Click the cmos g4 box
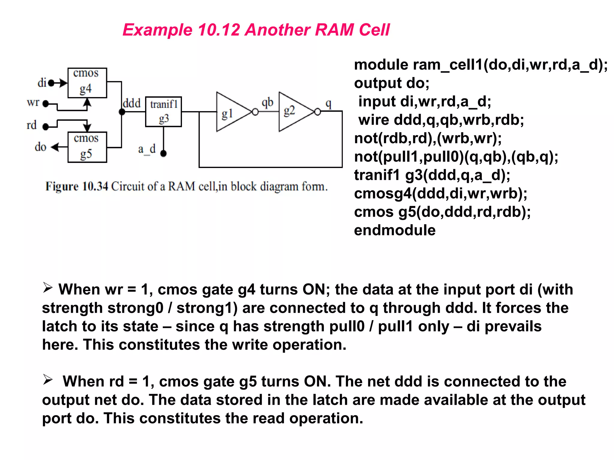(x=87, y=83)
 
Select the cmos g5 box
(x=87, y=147)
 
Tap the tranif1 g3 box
(x=163, y=112)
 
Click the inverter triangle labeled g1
(x=231, y=112)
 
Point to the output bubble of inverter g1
(x=255, y=112)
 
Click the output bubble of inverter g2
(x=317, y=112)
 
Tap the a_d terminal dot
(x=163, y=154)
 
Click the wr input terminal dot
(x=46, y=104)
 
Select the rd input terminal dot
(x=46, y=127)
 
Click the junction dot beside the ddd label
(x=122, y=112)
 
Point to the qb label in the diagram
(x=267, y=102)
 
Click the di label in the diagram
(x=42, y=83)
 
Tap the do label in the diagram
(x=40, y=147)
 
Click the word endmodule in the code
(x=395, y=230)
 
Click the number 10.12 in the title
(x=219, y=30)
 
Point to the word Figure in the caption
(x=62, y=186)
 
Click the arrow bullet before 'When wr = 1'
(x=48, y=288)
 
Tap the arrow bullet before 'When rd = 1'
(x=48, y=380)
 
